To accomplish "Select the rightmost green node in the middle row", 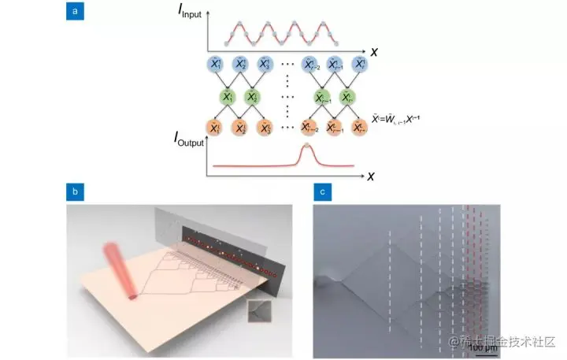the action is [x=346, y=98].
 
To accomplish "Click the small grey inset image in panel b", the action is [x=258, y=311].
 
